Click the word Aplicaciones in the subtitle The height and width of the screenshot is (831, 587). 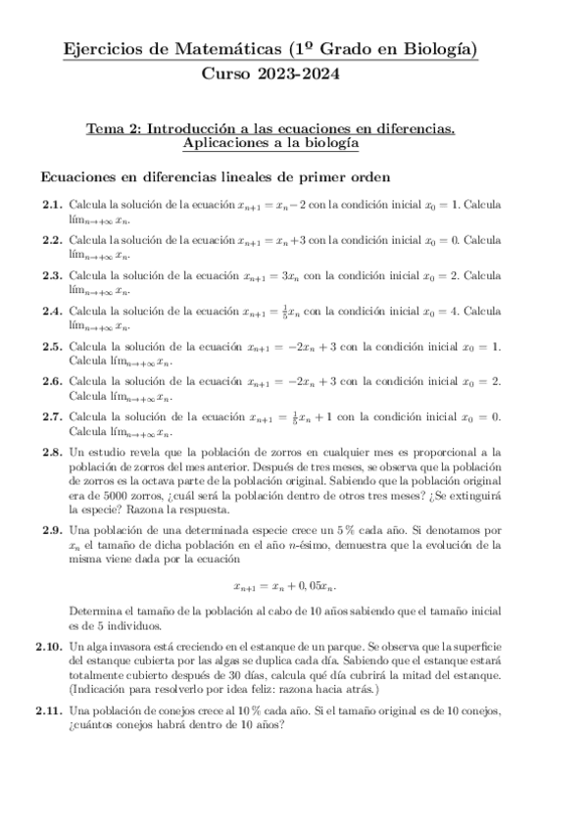click(225, 143)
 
